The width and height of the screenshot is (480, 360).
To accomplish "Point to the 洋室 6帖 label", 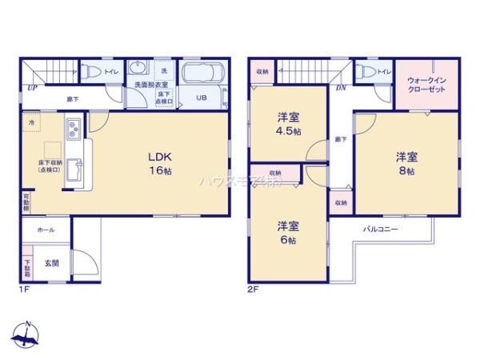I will point(288,233).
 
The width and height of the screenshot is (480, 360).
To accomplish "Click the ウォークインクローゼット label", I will point(427,85).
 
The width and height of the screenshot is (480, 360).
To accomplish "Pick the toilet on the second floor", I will point(366,72).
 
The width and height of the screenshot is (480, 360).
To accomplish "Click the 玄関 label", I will point(51,262).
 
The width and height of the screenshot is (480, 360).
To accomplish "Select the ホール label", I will point(45,230).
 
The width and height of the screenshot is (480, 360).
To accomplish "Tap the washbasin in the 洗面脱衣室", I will point(137,69).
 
